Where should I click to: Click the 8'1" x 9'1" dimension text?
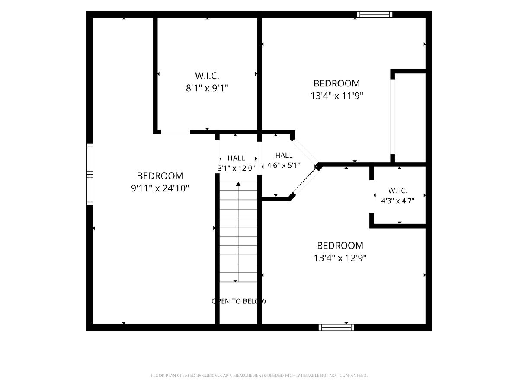pyautogui.click(x=207, y=88)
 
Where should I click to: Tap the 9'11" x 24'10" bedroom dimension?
pyautogui.click(x=160, y=188)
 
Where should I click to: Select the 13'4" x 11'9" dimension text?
pyautogui.click(x=336, y=96)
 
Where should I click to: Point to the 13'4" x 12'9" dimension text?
pyautogui.click(x=340, y=258)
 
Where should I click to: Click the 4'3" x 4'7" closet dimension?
pyautogui.click(x=398, y=201)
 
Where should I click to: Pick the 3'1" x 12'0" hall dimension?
pyautogui.click(x=236, y=168)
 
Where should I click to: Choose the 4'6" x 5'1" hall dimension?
pyautogui.click(x=284, y=166)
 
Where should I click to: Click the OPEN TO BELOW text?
pyautogui.click(x=239, y=301)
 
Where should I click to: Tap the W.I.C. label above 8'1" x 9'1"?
pyautogui.click(x=207, y=76)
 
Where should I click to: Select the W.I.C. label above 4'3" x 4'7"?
pyautogui.click(x=398, y=191)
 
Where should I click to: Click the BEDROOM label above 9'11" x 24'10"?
pyautogui.click(x=160, y=176)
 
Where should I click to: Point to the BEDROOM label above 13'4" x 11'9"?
pyautogui.click(x=336, y=83)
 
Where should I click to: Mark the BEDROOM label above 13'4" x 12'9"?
pyautogui.click(x=340, y=246)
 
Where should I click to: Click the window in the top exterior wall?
pyautogui.click(x=375, y=14)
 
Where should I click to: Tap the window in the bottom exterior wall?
pyautogui.click(x=336, y=327)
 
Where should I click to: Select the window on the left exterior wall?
pyautogui.click(x=90, y=174)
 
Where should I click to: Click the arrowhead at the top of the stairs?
pyautogui.click(x=238, y=184)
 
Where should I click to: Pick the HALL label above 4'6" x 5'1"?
pyautogui.click(x=284, y=155)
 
